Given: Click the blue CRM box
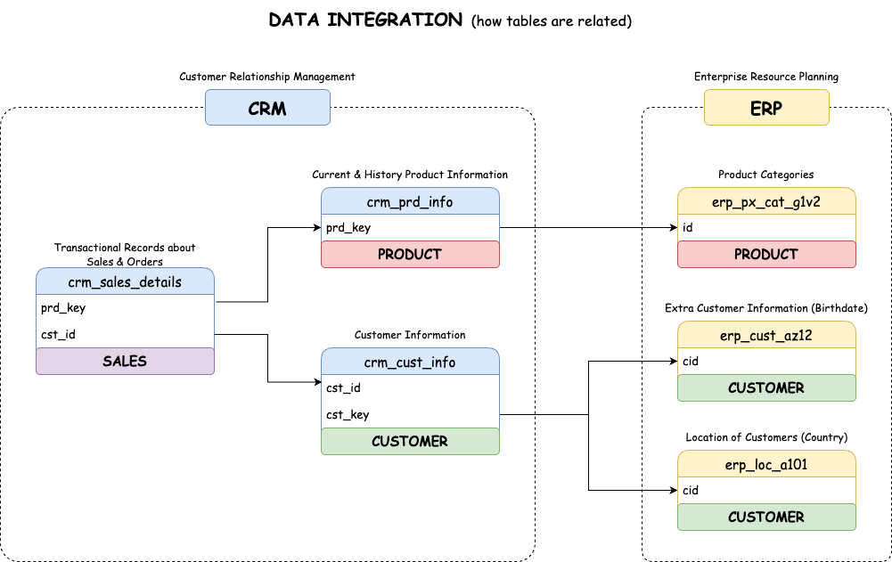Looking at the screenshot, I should coord(267,108).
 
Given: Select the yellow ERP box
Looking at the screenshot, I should coord(766,108).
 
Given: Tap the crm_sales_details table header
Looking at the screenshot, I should coord(125,281).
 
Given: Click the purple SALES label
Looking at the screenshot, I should coord(125,361).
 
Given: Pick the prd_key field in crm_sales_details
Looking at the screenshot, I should coord(63,308).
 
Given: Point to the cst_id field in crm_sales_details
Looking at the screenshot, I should coord(58,335).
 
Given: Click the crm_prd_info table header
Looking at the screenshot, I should coord(410,201).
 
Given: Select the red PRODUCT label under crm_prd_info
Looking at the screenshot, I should coord(410,254).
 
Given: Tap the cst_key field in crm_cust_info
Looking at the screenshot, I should coord(348,414).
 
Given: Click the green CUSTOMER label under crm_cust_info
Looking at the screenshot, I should coord(410,441).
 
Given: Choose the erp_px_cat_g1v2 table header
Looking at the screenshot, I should coord(766,201).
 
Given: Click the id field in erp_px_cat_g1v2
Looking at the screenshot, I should coord(688,228).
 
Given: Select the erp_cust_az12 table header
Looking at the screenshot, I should coord(766,335).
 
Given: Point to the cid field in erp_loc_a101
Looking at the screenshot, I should coord(691,490).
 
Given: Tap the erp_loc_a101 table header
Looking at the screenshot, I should coord(766,464).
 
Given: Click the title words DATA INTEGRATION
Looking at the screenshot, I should coord(366,20).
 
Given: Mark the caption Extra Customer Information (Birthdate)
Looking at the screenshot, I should coord(766,308).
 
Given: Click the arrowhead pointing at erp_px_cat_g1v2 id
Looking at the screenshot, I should coord(673,228).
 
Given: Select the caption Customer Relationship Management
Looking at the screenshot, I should coord(267,77).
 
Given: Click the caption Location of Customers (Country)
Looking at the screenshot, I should coord(766,437).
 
